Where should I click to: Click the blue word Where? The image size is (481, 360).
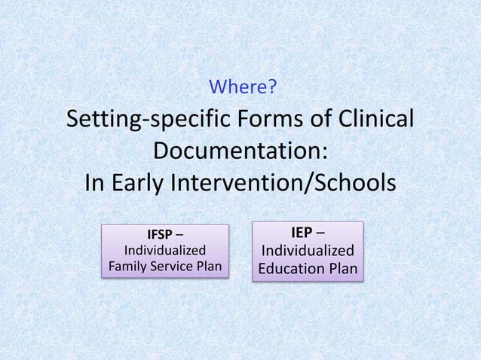point(241,89)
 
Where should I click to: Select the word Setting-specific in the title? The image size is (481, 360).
point(148,121)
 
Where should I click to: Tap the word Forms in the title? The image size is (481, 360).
point(268,121)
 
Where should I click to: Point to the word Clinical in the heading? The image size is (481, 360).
point(372,121)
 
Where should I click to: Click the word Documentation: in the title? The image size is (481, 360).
point(240,151)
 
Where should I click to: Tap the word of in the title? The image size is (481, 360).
point(319,121)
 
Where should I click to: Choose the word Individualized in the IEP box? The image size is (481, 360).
point(307,250)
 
